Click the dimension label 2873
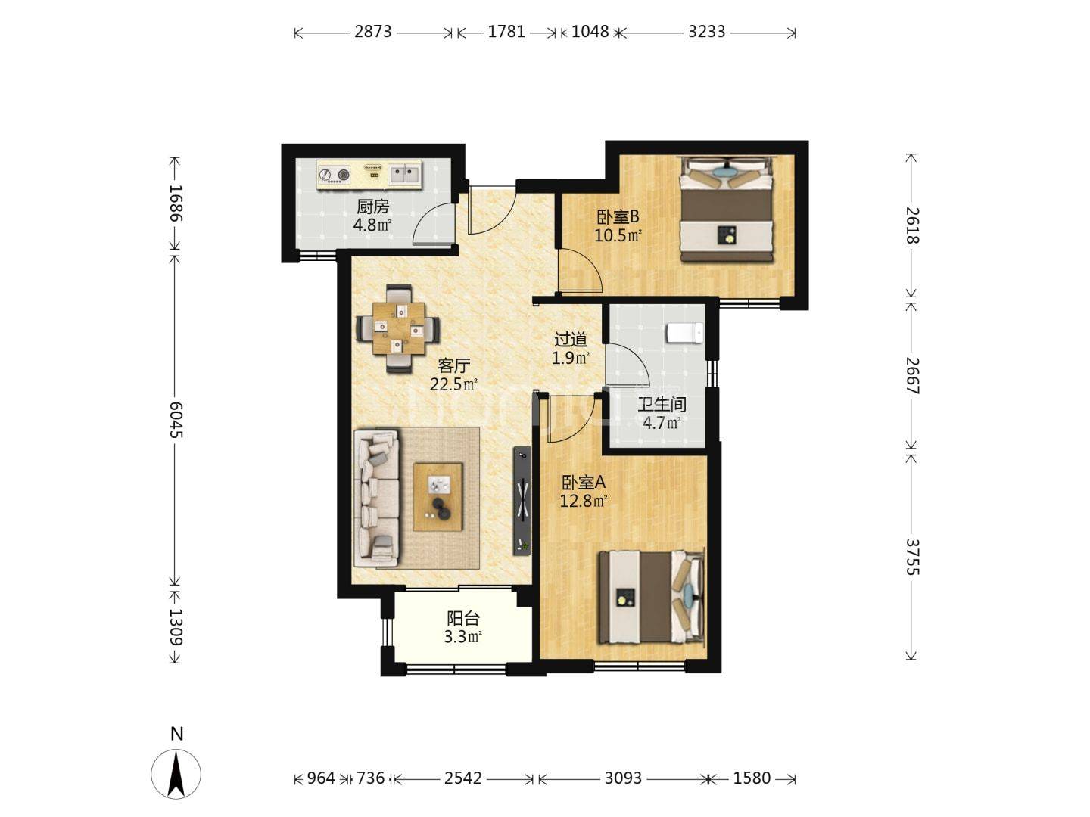[373, 32]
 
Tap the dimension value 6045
[176, 420]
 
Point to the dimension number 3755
[912, 557]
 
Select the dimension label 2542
[462, 778]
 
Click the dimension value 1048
[590, 32]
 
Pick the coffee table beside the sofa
[438, 496]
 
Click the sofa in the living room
[376, 498]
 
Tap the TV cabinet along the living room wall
[522, 501]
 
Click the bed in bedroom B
[727, 210]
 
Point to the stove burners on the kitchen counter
[335, 175]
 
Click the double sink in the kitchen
[405, 175]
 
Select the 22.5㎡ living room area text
[453, 384]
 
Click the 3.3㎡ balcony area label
[462, 637]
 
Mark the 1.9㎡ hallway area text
[571, 358]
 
